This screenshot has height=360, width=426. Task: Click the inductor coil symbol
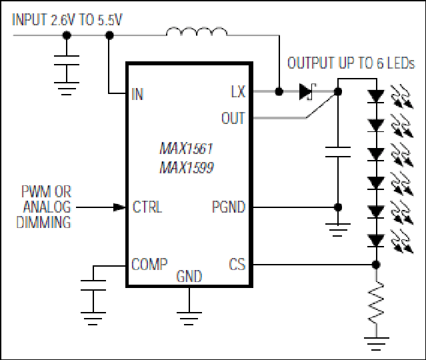[x=197, y=31]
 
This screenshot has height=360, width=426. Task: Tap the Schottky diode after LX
[x=307, y=91]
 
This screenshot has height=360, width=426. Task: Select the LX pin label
[x=238, y=91]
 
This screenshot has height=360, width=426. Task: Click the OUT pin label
[x=233, y=118]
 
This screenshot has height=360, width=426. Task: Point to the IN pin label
[x=137, y=94]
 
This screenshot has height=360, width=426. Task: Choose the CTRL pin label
[x=147, y=207]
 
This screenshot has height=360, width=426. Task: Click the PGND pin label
[x=229, y=207]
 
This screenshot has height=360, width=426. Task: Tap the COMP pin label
[x=149, y=264]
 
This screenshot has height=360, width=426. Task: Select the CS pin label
[x=237, y=265]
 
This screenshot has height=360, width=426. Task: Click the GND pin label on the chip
[x=189, y=277]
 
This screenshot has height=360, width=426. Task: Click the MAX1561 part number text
[x=186, y=149]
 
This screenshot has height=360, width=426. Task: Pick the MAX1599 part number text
[x=187, y=167]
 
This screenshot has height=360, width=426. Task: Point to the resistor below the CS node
[x=376, y=302]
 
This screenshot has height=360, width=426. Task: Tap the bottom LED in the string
[x=376, y=241]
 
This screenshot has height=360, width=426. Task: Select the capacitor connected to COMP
[x=93, y=285]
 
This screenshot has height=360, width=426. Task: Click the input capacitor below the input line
[x=67, y=60]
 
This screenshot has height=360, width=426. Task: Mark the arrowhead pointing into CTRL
[x=119, y=207]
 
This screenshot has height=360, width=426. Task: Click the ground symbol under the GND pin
[x=189, y=319]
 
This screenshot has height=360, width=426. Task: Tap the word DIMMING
[x=44, y=222]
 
